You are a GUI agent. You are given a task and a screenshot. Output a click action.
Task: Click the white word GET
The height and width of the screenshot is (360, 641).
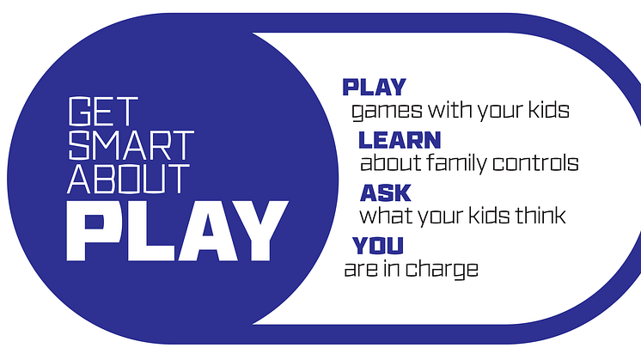(x=103, y=112)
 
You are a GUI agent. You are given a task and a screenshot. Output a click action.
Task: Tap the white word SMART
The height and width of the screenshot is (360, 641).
(x=131, y=145)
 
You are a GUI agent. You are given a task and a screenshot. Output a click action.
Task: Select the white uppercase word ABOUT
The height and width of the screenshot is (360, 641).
(x=128, y=179)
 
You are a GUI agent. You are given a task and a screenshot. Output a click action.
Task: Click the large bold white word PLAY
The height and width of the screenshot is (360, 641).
(x=177, y=231)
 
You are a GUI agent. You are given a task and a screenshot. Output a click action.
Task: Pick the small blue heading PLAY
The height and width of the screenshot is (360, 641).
(x=374, y=88)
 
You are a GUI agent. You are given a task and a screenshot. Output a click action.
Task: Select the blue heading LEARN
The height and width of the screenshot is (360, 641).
(x=400, y=140)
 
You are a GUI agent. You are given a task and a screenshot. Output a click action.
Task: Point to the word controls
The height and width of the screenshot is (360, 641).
(x=535, y=162)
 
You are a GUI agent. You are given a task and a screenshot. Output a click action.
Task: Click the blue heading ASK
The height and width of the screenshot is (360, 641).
(x=386, y=192)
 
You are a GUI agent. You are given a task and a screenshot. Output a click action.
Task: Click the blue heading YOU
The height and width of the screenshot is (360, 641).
(x=378, y=245)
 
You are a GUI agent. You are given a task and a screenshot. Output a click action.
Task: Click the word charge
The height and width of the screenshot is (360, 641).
(x=443, y=270)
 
